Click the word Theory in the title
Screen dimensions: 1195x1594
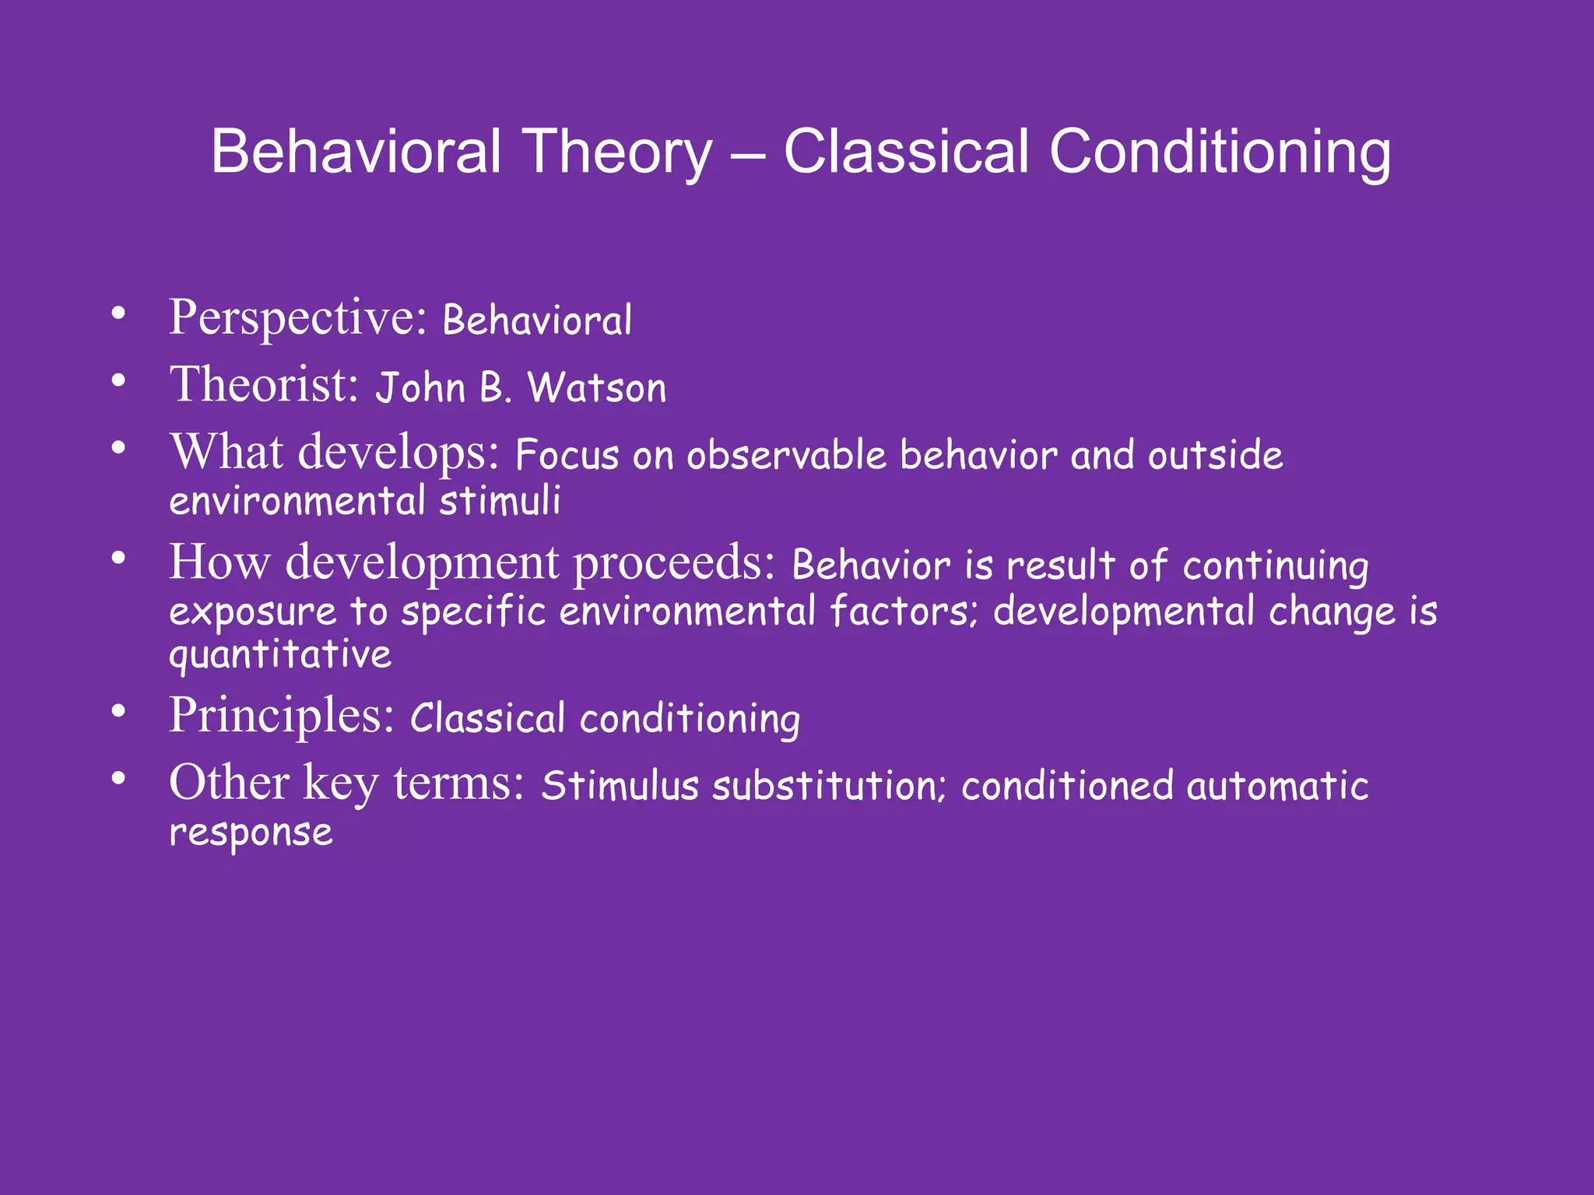pos(617,153)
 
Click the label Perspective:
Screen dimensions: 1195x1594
pos(297,319)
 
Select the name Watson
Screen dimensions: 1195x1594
pos(597,388)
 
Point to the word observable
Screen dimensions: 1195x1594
pos(786,455)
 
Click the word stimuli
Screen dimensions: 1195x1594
pos(500,500)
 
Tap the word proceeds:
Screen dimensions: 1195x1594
pos(675,563)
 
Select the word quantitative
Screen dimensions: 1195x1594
pos(280,655)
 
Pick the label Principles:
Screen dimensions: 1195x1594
pos(282,716)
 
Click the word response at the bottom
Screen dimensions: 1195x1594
pos(251,833)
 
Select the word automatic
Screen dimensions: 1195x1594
pos(1277,785)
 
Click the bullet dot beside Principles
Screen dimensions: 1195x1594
pos(118,711)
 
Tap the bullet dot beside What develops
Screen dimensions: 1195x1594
pos(118,448)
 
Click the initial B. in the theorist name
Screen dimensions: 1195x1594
pos(495,388)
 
